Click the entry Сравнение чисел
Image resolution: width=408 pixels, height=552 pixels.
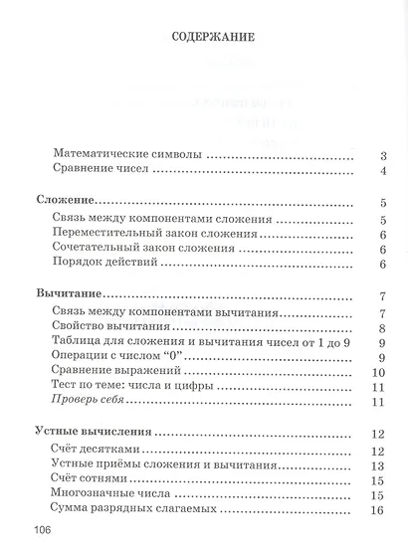pos(102,172)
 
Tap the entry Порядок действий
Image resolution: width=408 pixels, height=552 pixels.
pos(107,266)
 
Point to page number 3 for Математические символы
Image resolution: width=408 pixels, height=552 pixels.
pos(382,156)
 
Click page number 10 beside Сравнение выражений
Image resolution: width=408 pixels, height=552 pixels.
pos(377,371)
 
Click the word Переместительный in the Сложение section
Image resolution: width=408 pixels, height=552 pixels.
pos(110,234)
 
